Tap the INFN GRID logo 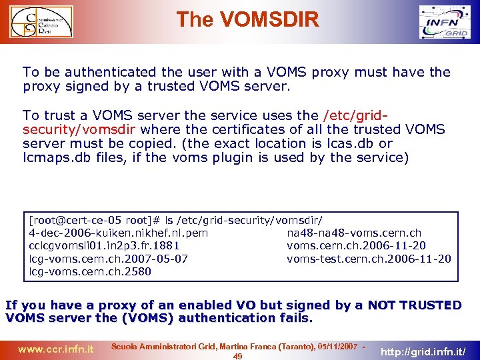(x=447, y=23)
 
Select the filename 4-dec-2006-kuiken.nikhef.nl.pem (x=119, y=233)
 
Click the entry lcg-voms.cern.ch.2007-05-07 (x=109, y=259)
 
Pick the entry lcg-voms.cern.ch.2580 (x=90, y=271)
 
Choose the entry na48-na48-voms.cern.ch (x=354, y=233)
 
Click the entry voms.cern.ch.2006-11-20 (x=357, y=246)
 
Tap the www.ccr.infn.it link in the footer (x=55, y=349)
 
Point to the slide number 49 (x=238, y=357)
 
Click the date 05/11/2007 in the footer (x=336, y=347)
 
